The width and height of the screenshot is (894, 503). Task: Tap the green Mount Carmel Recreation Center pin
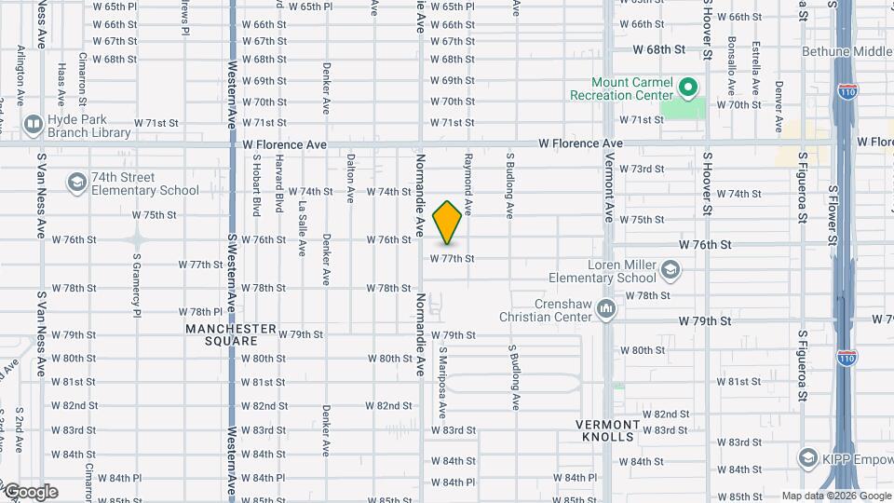coord(688,89)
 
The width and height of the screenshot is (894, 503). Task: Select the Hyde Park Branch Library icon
coord(33,123)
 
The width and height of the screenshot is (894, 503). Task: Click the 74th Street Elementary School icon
coord(74,182)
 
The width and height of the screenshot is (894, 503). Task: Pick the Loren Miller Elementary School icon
coord(670,271)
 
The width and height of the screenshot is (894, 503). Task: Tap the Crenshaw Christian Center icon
coord(606,307)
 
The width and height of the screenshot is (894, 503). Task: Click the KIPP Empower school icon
coord(807,457)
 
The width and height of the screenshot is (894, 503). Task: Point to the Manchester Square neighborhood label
coord(231,334)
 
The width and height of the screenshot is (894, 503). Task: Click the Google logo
coord(30,492)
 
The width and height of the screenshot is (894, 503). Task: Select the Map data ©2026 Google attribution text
coord(836,496)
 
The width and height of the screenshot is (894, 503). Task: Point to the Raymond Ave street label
coord(469,185)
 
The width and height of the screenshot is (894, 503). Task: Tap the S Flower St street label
coord(833,215)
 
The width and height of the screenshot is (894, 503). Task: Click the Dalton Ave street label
coord(351,178)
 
